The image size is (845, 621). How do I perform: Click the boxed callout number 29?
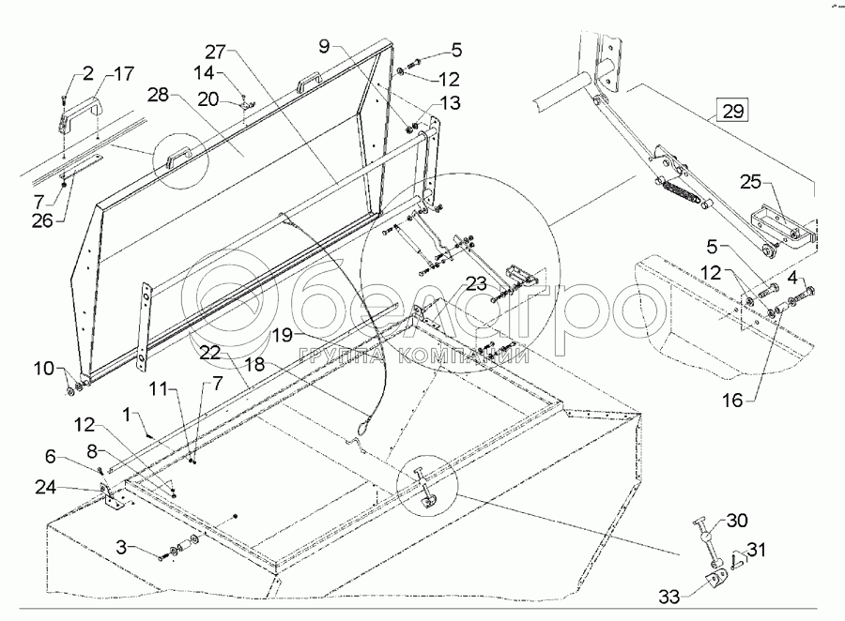point(732,112)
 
